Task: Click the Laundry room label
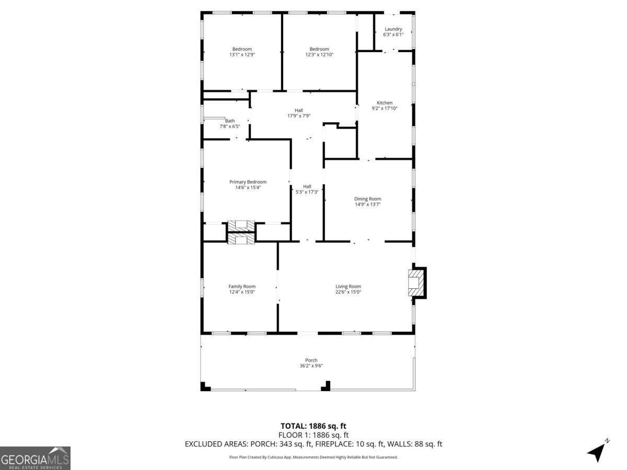point(393,29)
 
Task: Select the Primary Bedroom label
point(248,182)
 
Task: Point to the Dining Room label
point(367,198)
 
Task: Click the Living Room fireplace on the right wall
point(416,283)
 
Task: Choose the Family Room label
point(242,286)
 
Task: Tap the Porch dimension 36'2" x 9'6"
point(311,366)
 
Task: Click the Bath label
point(230,121)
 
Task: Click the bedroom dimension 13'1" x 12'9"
point(242,54)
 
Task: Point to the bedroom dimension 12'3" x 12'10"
point(319,54)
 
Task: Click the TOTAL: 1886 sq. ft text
point(313,426)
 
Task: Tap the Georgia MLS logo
point(35,458)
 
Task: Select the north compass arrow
point(597,451)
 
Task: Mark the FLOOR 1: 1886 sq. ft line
point(313,435)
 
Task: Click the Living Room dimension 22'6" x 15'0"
point(348,292)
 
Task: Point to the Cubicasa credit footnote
point(313,457)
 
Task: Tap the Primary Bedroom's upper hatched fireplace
point(241,226)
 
